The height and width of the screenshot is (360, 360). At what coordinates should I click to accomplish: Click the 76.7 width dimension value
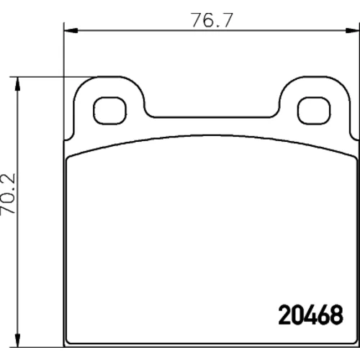click(212, 20)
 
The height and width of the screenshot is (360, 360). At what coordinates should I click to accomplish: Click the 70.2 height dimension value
click(8, 194)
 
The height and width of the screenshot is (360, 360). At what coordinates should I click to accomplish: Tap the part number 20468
click(311, 315)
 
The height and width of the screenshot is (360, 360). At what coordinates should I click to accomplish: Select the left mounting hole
click(109, 111)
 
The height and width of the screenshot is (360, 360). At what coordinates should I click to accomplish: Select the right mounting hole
click(314, 111)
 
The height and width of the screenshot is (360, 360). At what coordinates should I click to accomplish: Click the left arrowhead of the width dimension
click(71, 30)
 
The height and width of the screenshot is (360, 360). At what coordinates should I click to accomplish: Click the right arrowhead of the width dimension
click(352, 30)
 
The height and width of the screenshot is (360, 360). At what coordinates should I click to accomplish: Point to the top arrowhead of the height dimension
click(17, 84)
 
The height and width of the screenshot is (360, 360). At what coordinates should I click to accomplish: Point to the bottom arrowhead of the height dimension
click(17, 340)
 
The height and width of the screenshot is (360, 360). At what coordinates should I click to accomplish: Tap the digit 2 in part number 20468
click(284, 315)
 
